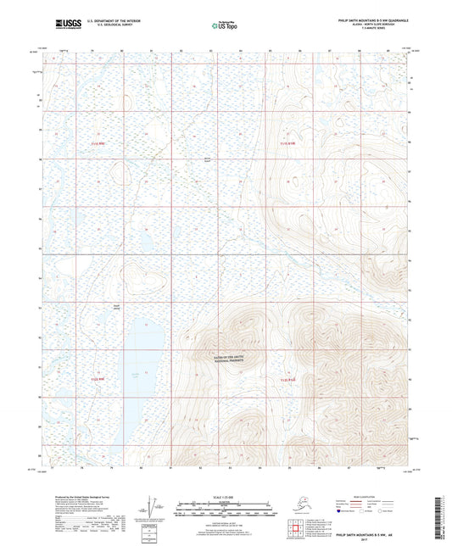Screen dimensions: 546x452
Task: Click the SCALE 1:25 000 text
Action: tap(224, 495)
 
